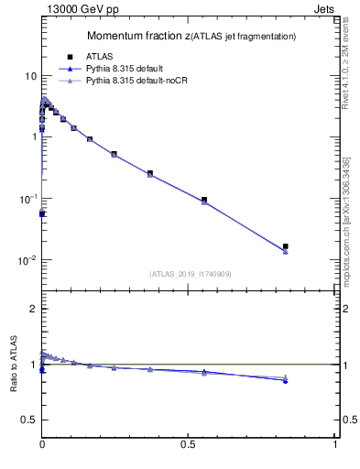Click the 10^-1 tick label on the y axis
point(28,199)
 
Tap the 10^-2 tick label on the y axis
point(28,260)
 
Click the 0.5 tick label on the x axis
point(189,444)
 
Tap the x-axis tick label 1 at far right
point(335,444)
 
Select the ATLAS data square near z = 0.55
point(204,200)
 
